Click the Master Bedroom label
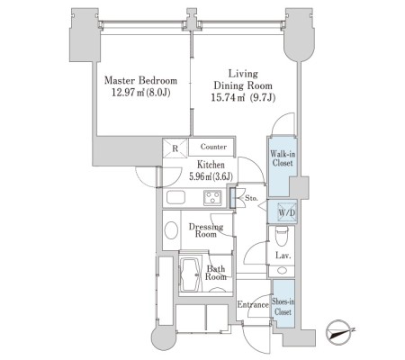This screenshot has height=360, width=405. point(140,80)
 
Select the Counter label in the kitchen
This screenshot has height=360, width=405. point(213,147)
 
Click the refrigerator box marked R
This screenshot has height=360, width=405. point(175,148)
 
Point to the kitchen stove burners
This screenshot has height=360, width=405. point(212,198)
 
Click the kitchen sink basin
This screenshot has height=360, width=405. point(176,197)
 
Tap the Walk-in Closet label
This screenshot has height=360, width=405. point(283,158)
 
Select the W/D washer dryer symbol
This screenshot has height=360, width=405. point(287,212)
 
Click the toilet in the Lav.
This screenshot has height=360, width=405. point(282,235)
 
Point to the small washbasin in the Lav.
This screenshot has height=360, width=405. point(282,270)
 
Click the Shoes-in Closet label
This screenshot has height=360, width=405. point(283,306)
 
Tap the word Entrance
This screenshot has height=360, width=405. point(253,305)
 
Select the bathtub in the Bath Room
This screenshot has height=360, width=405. point(190,274)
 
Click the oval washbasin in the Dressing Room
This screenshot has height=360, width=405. point(171,230)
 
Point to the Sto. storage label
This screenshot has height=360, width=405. point(251,198)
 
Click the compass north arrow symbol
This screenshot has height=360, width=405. point(340,332)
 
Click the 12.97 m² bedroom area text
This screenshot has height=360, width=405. point(141,93)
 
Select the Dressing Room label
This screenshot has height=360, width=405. point(206,230)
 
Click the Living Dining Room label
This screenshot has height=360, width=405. point(243,79)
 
